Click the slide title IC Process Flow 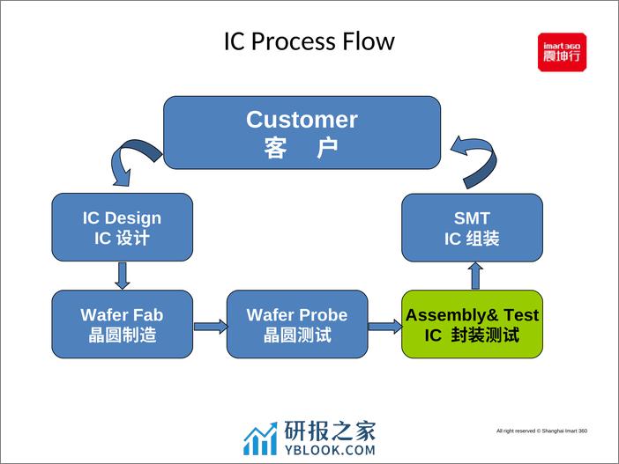pyautogui.click(x=309, y=41)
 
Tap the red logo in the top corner pyautogui.click(x=562, y=52)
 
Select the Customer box pyautogui.click(x=302, y=132)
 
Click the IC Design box pyautogui.click(x=122, y=227)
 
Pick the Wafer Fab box pyautogui.click(x=122, y=324)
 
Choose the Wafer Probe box pyautogui.click(x=296, y=324)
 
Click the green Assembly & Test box pyautogui.click(x=472, y=324)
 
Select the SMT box pyautogui.click(x=472, y=227)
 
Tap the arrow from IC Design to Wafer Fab pyautogui.click(x=123, y=276)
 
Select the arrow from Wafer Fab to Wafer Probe pyautogui.click(x=210, y=327)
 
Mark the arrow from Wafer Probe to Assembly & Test pyautogui.click(x=384, y=327)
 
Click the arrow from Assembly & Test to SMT pyautogui.click(x=475, y=276)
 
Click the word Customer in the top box pyautogui.click(x=302, y=120)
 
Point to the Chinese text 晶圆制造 pyautogui.click(x=122, y=335)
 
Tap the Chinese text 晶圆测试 pyautogui.click(x=296, y=335)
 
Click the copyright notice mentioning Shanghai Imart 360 pyautogui.click(x=541, y=431)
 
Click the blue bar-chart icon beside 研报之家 pyautogui.click(x=260, y=438)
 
